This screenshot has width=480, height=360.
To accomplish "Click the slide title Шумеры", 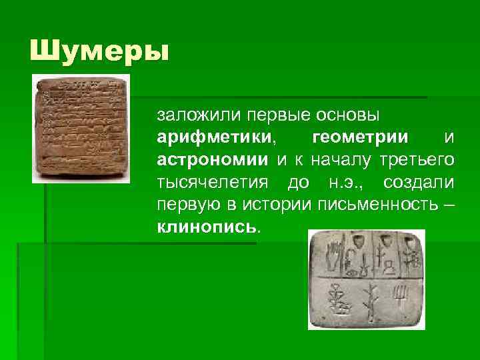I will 99,51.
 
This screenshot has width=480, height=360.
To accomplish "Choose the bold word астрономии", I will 212,159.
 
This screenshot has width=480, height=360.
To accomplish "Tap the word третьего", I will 418,159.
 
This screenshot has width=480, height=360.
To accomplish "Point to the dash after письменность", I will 449,203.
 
